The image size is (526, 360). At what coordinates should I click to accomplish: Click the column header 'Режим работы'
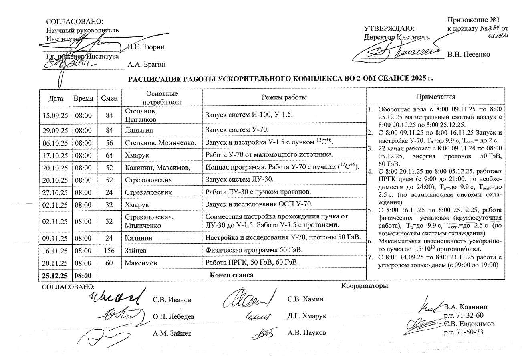click(x=284, y=97)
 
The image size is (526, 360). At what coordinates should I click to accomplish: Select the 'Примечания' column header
click(x=435, y=97)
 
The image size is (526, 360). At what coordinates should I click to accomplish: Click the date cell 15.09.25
click(x=55, y=115)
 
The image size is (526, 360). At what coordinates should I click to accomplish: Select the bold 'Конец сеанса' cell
click(x=232, y=275)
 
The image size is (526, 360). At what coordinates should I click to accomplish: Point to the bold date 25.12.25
click(x=55, y=275)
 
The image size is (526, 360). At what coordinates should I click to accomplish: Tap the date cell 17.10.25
click(x=55, y=154)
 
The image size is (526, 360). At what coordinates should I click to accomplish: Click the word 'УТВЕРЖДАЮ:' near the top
click(x=388, y=29)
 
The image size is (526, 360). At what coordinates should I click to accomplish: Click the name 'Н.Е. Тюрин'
click(x=146, y=47)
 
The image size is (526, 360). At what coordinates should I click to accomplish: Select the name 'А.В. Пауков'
click(x=307, y=333)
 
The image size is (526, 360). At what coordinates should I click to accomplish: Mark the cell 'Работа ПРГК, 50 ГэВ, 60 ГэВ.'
click(x=252, y=263)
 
